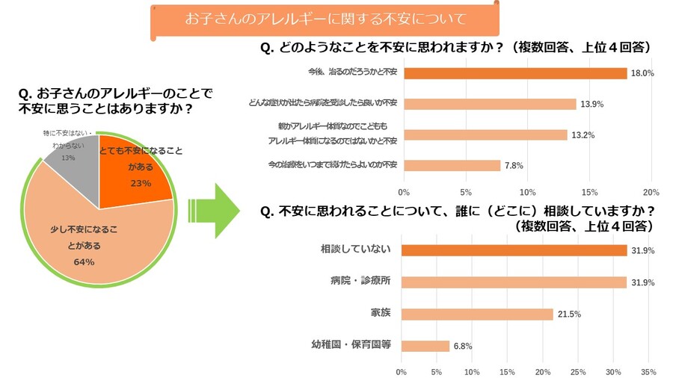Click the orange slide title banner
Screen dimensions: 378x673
(325, 19)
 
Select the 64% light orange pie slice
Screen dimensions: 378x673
(90, 239)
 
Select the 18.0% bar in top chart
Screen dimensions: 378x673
(515, 73)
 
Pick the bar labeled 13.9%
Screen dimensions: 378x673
(490, 104)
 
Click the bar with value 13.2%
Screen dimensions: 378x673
(485, 134)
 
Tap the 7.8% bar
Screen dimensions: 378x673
(452, 165)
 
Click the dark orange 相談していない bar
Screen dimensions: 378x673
(514, 250)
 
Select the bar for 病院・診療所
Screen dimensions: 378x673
(514, 282)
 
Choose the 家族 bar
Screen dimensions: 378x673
(477, 314)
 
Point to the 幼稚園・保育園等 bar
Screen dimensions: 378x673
(425, 346)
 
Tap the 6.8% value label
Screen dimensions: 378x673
(463, 346)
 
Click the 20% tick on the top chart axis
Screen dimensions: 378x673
(651, 190)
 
